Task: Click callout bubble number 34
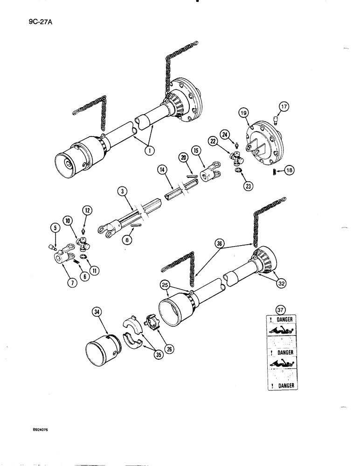pos(97,313)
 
